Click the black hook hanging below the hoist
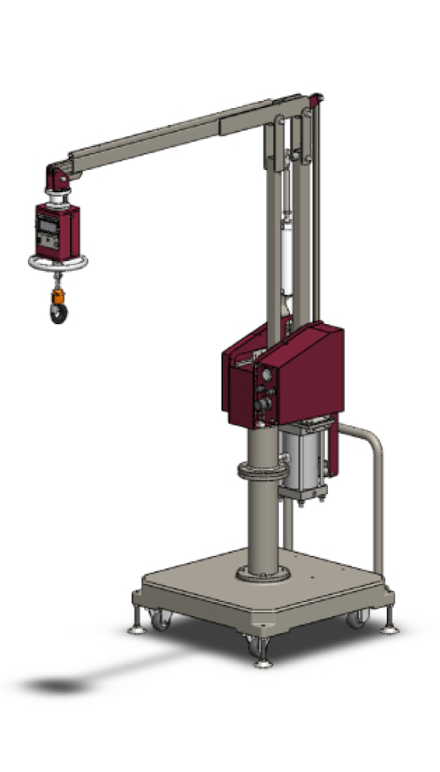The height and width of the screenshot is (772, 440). click(58, 313)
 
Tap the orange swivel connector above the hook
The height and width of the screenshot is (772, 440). click(57, 296)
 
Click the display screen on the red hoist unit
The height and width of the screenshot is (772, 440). click(47, 227)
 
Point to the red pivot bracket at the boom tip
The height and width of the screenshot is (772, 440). click(59, 178)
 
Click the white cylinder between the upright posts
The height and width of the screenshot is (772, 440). click(289, 255)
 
